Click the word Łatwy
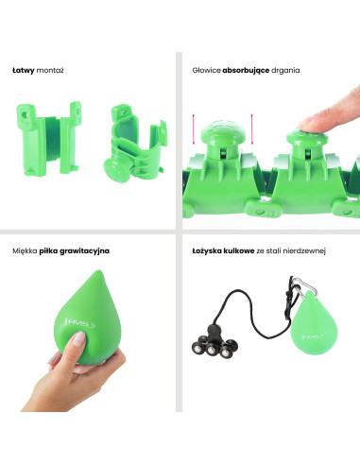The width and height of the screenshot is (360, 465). (23, 70)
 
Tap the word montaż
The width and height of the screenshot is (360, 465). (50, 71)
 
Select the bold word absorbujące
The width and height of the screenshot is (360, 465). (246, 70)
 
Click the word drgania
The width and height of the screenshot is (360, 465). (285, 71)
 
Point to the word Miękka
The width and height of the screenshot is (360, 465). (25, 251)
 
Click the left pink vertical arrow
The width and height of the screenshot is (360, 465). (194, 129)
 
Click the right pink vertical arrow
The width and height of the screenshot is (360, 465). (252, 129)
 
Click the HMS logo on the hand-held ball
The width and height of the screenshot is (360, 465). (80, 323)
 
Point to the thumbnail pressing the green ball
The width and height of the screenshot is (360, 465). (78, 338)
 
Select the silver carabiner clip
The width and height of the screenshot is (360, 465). (303, 286)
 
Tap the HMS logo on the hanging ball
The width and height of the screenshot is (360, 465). (313, 336)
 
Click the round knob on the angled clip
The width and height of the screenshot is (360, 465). (116, 170)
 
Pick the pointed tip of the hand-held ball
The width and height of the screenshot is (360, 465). (98, 271)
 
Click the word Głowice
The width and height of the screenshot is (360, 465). (206, 70)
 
